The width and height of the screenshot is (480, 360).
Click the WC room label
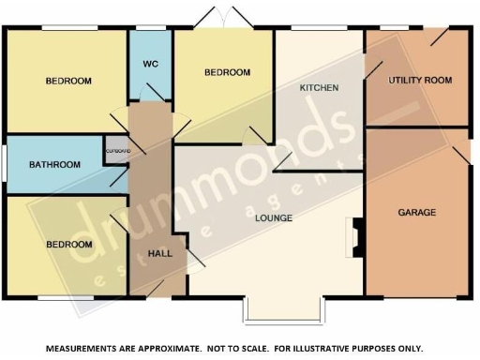point(150,64)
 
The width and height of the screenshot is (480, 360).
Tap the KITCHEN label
point(318,87)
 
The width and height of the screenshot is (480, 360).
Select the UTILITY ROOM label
point(420,81)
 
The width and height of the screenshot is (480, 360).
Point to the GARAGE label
point(416,213)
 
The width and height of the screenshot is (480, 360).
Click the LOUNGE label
point(273,218)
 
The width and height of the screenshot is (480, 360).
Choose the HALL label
point(160,254)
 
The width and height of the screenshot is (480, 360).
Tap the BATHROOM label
point(54,165)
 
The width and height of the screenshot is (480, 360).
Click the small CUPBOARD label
point(116,151)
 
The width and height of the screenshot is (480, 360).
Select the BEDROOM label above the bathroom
point(68,82)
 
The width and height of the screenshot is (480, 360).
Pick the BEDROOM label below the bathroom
point(69,245)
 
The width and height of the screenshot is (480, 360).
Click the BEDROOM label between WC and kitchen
point(228,72)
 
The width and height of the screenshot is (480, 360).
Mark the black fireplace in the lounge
point(354,238)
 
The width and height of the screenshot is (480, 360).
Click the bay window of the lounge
point(282,309)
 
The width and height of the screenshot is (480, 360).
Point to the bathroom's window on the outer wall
point(3,166)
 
